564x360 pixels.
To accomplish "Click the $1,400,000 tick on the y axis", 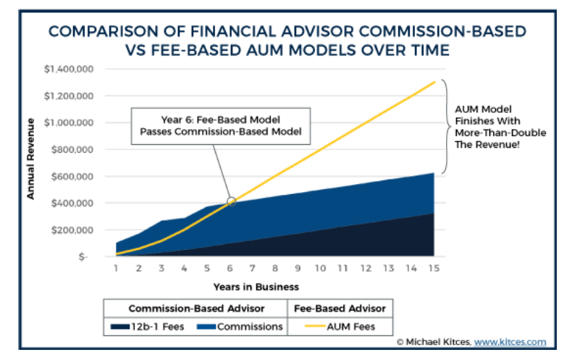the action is click(69, 69).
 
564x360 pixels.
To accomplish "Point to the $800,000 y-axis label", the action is click(72, 149).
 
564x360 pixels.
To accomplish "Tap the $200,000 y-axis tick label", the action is click(72, 230).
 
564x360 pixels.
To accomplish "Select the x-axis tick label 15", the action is click(434, 268).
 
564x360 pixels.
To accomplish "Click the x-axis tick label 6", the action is click(230, 268).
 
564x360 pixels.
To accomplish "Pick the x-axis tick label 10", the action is click(321, 268).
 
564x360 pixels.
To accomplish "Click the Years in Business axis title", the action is click(256, 287).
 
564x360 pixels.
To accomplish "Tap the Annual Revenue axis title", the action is click(31, 159).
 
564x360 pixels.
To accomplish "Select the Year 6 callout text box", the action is click(221, 126).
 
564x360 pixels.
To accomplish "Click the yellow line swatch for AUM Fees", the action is click(315, 327).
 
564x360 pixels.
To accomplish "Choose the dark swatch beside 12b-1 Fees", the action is click(120, 327).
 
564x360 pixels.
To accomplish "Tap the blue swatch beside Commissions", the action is click(206, 327).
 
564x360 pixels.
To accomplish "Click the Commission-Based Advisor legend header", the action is click(196, 309).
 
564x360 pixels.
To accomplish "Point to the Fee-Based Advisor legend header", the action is click(340, 309).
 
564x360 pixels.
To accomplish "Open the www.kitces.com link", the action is click(510, 342).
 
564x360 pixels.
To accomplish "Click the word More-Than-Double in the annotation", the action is click(500, 133).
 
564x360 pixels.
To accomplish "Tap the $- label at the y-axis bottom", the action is click(83, 256).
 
